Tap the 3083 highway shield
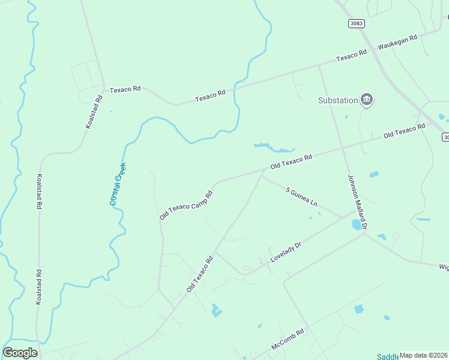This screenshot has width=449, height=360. click(x=355, y=23)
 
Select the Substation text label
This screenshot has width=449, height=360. click(x=338, y=100)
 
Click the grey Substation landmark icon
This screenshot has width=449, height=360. click(x=367, y=100)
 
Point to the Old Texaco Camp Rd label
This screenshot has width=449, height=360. click(x=186, y=205)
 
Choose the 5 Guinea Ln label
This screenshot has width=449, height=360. click(x=302, y=197)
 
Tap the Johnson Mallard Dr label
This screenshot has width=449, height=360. click(x=357, y=201)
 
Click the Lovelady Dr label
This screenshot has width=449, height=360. click(x=285, y=251)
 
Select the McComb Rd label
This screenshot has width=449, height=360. click(x=288, y=339)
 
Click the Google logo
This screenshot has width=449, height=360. click(x=20, y=353)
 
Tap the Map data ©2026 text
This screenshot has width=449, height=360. click(x=423, y=355)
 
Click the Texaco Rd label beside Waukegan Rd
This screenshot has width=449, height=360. click(x=351, y=56)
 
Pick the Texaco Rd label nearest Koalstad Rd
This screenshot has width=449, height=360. click(x=125, y=89)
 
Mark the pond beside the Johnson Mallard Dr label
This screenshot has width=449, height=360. click(x=357, y=225)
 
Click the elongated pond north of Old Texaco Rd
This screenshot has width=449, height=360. click(x=274, y=147)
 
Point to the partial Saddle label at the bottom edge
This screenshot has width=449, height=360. click(x=388, y=357)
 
